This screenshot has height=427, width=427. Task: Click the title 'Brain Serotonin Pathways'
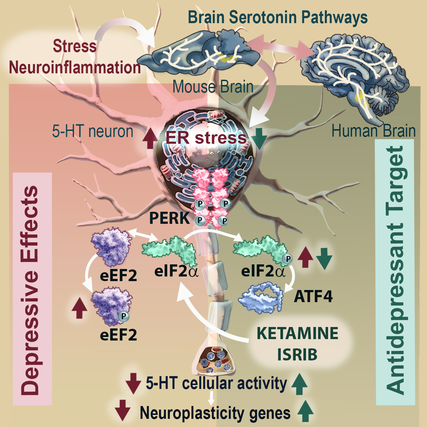[278, 18]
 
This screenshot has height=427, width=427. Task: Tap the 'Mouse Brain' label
[213, 87]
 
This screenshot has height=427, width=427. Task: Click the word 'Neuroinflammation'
[75, 67]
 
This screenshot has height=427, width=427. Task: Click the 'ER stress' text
[206, 138]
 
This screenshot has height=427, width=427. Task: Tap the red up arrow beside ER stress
[151, 138]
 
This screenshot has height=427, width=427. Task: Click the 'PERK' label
[169, 218]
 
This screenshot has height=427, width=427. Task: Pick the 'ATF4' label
[313, 296]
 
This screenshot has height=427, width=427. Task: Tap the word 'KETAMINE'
[297, 333]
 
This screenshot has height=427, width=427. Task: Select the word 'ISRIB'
[297, 354]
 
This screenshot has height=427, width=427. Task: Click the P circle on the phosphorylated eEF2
[123, 316]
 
